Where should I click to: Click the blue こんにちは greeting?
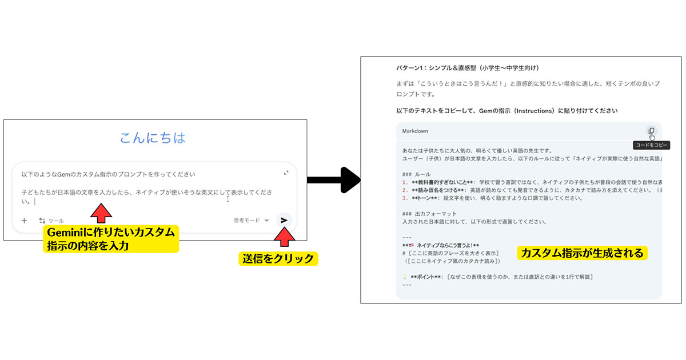click(x=153, y=138)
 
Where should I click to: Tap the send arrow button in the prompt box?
click(x=284, y=220)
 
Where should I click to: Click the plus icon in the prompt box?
click(x=24, y=221)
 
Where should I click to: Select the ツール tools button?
click(x=51, y=221)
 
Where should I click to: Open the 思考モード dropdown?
click(x=251, y=220)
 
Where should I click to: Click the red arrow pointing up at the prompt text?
click(x=101, y=213)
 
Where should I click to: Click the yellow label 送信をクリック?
click(x=278, y=258)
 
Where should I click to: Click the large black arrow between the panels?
click(x=334, y=180)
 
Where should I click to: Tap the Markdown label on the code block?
click(x=415, y=131)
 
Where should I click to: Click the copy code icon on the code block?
click(x=651, y=131)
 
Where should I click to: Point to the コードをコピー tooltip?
click(x=652, y=145)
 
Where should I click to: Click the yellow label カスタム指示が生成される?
click(x=582, y=253)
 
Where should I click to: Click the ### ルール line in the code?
click(x=417, y=174)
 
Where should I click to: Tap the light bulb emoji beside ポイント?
click(x=405, y=277)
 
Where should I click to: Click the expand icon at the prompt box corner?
click(x=286, y=173)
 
